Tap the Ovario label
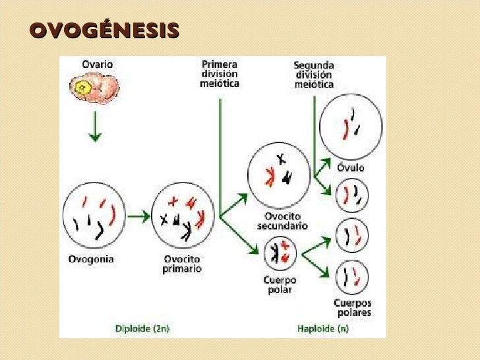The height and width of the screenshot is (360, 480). [x=97, y=65]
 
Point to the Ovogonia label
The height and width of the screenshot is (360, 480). [x=91, y=259]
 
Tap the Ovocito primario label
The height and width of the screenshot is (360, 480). [x=181, y=264]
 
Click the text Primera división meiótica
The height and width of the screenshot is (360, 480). [x=220, y=74]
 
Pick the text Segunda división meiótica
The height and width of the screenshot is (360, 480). [x=313, y=75]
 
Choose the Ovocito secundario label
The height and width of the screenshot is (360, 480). [x=282, y=221]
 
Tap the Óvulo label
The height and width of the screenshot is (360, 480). [x=351, y=168]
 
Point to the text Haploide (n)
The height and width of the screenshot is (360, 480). [x=324, y=327]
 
